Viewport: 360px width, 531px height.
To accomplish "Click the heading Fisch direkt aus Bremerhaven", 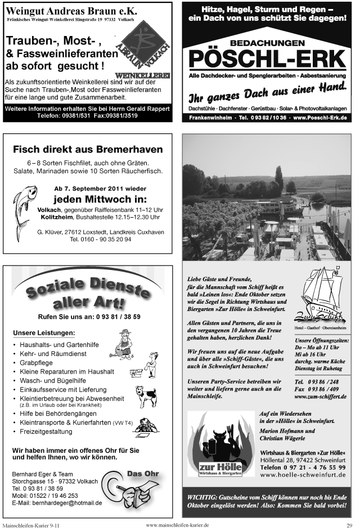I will click(x=88, y=150).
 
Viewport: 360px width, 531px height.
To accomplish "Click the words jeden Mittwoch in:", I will click(x=99, y=200).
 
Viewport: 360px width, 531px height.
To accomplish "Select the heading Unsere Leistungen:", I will click(x=43, y=332).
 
